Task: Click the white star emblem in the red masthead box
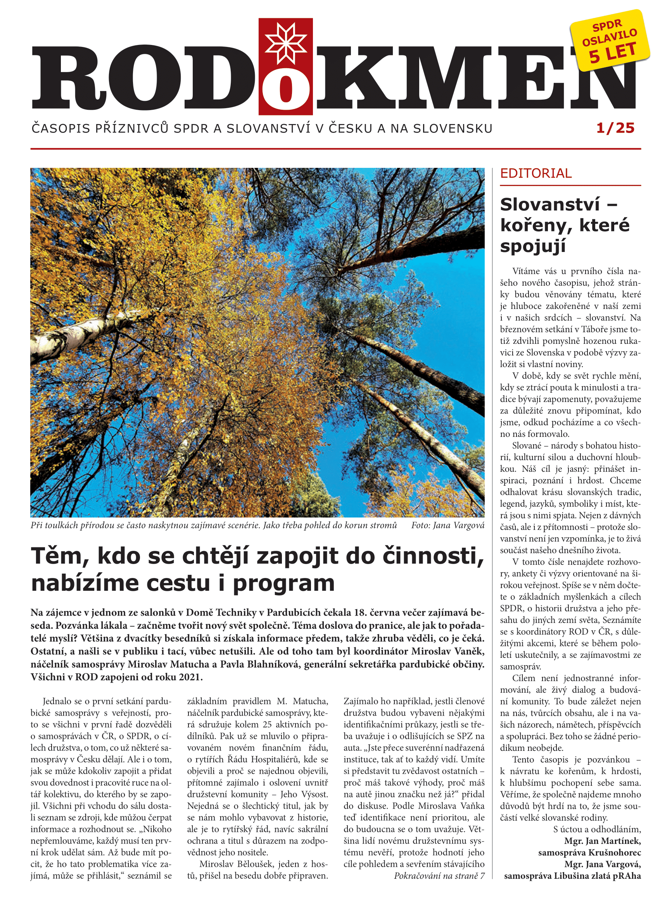tap(285, 43)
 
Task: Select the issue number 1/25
tap(615, 128)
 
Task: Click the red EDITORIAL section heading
tap(536, 174)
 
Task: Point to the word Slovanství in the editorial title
tap(549, 205)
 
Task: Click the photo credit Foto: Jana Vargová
tap(447, 525)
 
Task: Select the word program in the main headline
tap(283, 583)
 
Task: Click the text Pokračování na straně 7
tap(439, 876)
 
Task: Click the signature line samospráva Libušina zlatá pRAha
tap(572, 876)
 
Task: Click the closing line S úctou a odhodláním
tap(597, 830)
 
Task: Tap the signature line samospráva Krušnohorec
tap(589, 852)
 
